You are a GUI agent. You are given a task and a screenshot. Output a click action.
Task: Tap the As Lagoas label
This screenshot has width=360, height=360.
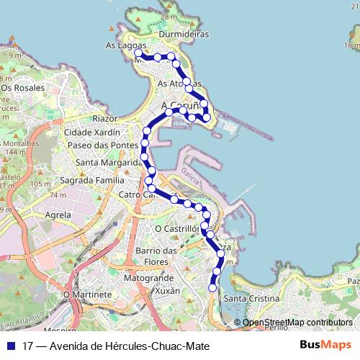coord(120,45)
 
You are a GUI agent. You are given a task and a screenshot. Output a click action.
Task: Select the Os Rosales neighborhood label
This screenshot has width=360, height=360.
coord(23,88)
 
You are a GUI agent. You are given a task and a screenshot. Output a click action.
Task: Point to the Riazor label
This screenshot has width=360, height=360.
coord(104,118)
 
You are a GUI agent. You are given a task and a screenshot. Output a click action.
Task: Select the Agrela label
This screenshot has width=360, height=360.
coord(58,215)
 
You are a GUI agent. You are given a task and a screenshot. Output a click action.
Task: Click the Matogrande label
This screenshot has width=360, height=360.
coord(149,276)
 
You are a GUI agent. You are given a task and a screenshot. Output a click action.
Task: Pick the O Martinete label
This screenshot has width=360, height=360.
coord(88,294)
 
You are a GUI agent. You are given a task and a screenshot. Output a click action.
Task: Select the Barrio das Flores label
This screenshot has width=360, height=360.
coord(156,256)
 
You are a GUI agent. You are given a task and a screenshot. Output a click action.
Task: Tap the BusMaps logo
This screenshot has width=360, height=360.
coord(326,346)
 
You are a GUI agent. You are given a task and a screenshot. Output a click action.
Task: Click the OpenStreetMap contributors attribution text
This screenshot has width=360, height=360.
coord(297,323)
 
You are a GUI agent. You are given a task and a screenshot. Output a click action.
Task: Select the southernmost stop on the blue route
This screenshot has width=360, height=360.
coord(212,288)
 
